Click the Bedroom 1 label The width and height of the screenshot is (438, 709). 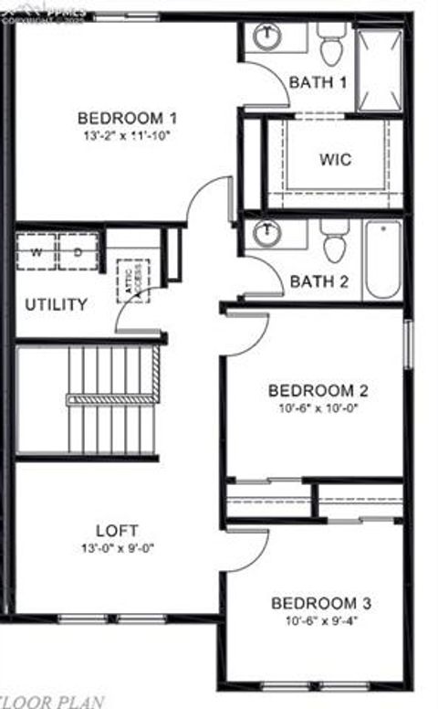click(127, 118)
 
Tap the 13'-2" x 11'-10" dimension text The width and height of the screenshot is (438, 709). click(127, 135)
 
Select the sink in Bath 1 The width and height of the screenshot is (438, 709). click(266, 37)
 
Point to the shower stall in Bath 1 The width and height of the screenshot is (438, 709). click(378, 69)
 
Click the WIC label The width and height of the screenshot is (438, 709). click(335, 159)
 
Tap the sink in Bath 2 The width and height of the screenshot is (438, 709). click(266, 233)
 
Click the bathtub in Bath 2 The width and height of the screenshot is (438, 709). click(382, 259)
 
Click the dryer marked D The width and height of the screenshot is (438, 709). click(78, 251)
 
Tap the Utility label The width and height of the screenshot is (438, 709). click(56, 304)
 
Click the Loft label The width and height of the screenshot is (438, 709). click(118, 531)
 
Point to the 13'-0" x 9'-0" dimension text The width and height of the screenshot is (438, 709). click(118, 548)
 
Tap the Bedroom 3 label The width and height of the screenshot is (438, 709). click(320, 604)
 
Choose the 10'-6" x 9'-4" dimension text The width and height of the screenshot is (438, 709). click(320, 621)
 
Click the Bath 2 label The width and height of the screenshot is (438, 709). click(319, 281)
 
